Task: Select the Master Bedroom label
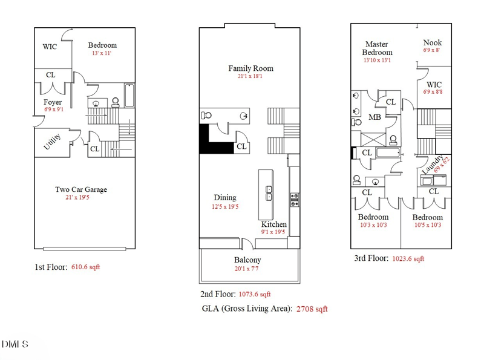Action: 378,48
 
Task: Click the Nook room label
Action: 432,42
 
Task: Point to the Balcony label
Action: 247,260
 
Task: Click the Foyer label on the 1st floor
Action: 53,102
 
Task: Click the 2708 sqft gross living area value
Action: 312,309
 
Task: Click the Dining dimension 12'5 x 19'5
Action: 224,207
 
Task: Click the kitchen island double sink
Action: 269,192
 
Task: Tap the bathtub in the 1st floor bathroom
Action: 129,96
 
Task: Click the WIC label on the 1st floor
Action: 50,47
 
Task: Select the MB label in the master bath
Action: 375,117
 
